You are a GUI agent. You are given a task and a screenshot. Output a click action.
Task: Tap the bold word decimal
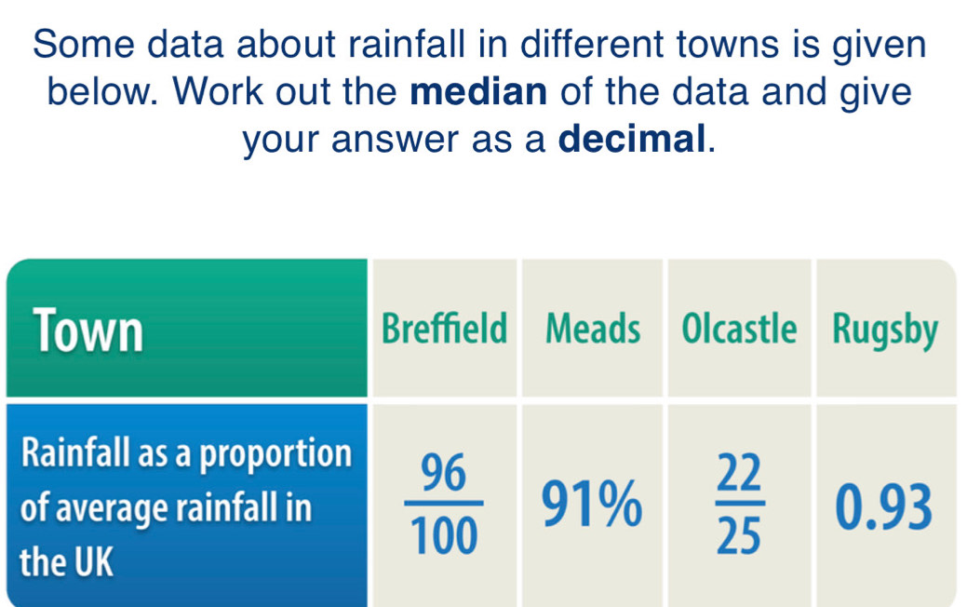click(x=637, y=142)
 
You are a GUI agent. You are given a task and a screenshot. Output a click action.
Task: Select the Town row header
click(x=88, y=330)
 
